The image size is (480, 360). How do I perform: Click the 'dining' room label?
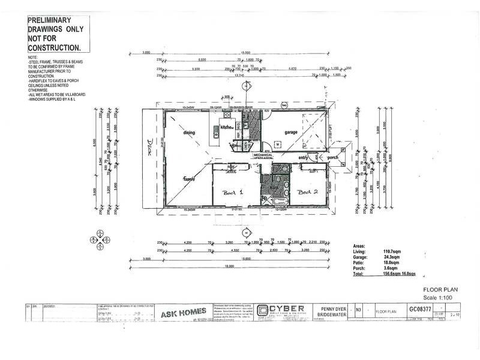(190, 132)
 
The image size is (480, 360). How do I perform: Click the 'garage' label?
(292, 133)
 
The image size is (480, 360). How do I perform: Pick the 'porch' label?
(333, 158)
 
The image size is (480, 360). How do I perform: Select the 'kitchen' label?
(226, 128)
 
